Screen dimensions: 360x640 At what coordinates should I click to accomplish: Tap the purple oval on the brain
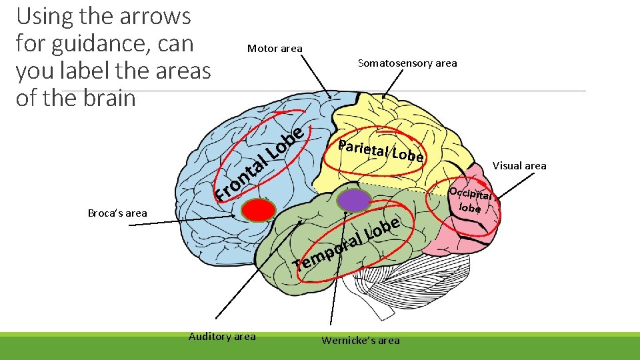point(353,199)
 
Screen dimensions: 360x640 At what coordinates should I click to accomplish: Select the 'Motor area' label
point(275,48)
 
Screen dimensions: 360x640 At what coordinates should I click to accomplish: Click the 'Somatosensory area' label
point(407,63)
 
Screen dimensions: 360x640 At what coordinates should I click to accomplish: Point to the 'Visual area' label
point(519,165)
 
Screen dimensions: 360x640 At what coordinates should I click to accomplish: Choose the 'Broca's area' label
point(117,213)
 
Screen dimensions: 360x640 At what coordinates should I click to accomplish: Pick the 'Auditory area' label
point(222,337)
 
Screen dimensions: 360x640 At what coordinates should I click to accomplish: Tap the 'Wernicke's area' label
point(361,340)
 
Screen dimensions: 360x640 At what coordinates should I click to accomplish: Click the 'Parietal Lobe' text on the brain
point(380,151)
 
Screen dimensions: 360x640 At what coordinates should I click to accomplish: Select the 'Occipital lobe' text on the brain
point(471,200)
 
